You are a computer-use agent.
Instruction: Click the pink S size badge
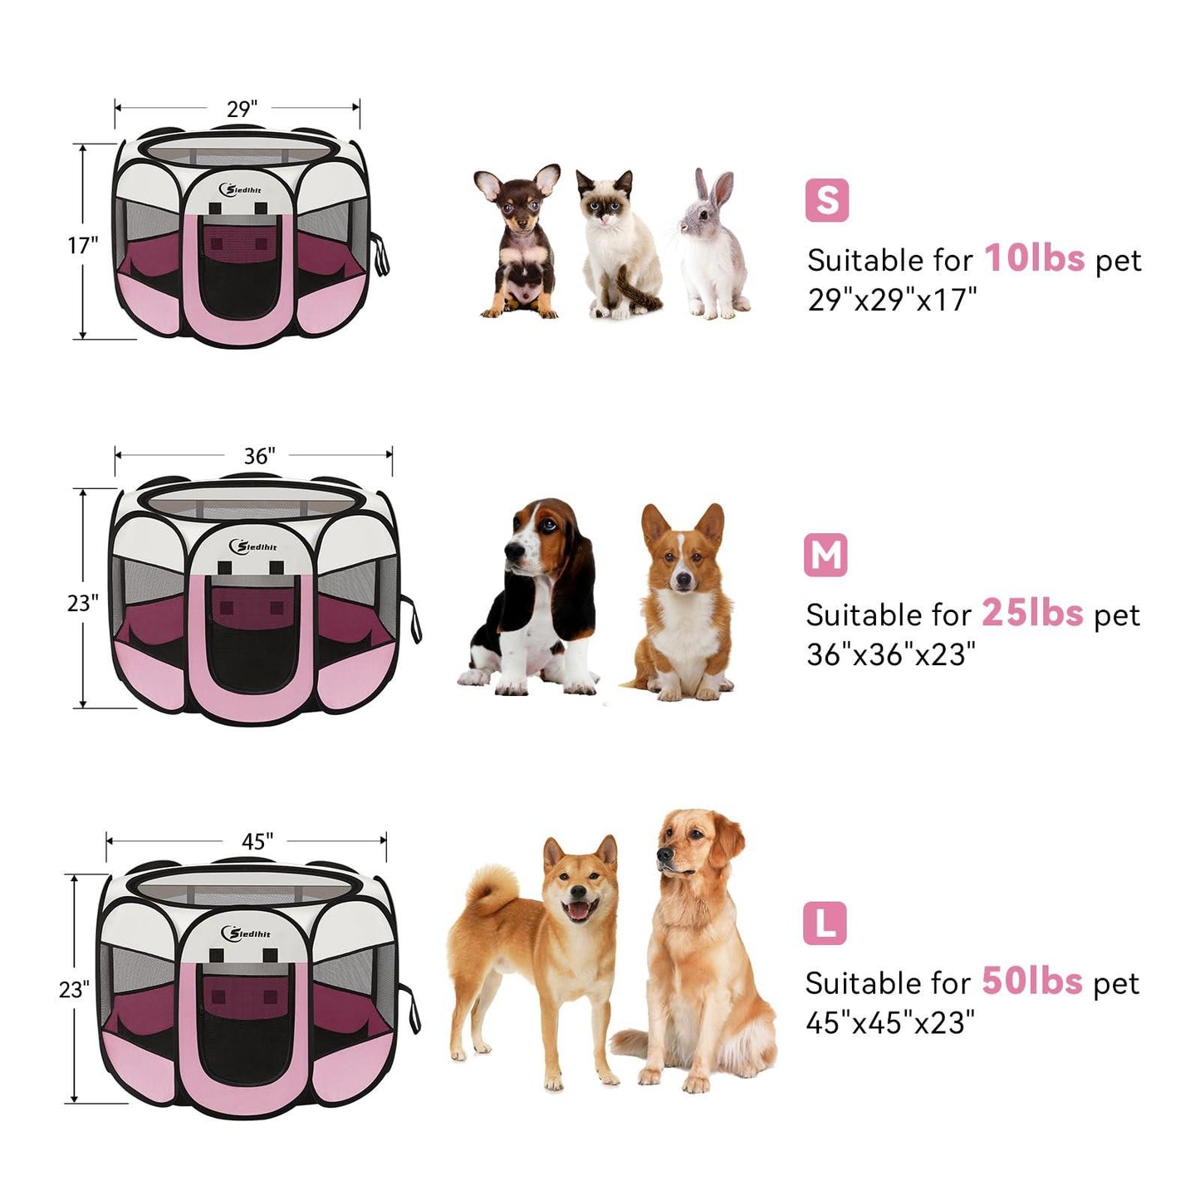[x=826, y=200]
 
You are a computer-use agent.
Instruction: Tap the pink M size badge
[x=825, y=555]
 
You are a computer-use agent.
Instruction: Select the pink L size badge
[x=825, y=923]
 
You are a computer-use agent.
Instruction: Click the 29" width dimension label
[x=242, y=109]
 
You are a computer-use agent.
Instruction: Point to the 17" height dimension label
[x=83, y=245]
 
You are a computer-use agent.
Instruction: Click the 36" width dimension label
[x=259, y=456]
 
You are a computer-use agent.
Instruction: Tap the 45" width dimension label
[x=257, y=841]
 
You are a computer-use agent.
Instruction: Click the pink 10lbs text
[x=1034, y=258]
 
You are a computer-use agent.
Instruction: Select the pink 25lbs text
[x=1032, y=613]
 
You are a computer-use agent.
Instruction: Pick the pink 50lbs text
[x=1032, y=981]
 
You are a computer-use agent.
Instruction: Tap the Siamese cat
[x=619, y=245]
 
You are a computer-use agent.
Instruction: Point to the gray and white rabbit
[x=713, y=245]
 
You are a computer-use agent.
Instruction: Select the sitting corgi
[x=683, y=602]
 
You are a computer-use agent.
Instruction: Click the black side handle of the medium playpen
[x=412, y=618]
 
